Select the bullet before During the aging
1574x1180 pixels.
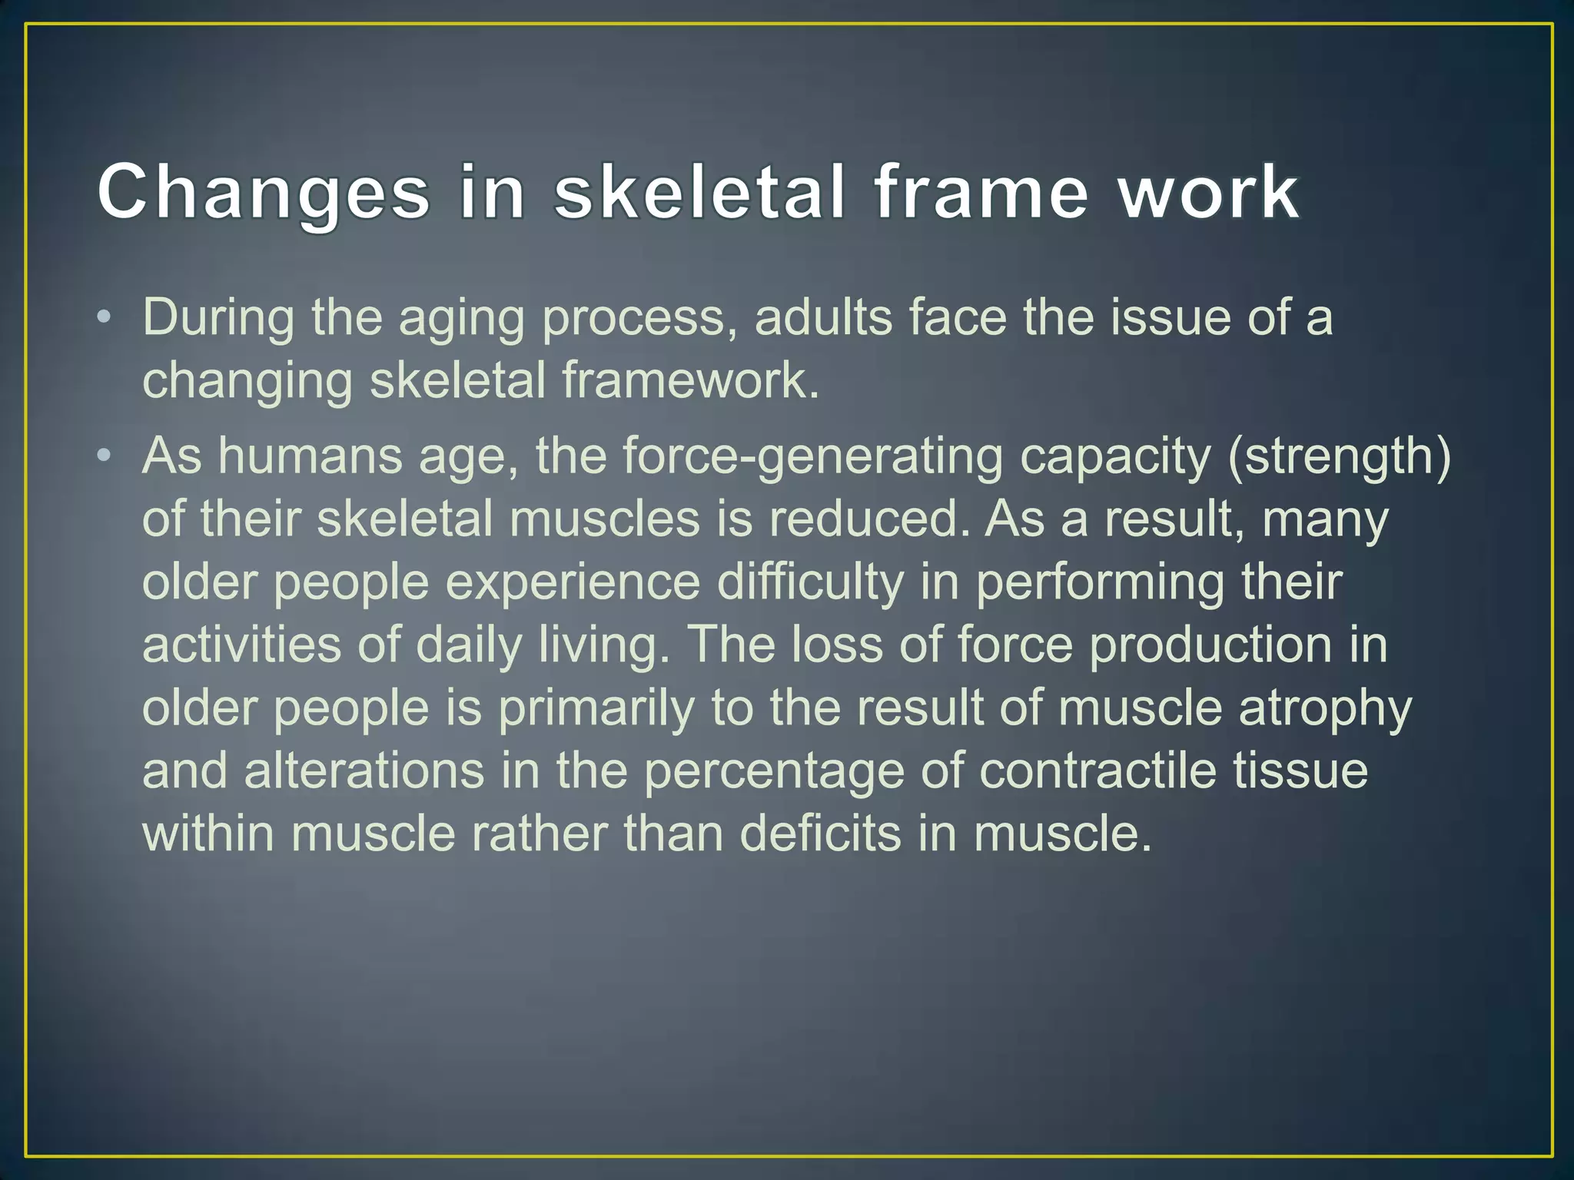tap(105, 318)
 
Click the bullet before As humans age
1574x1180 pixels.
tap(105, 457)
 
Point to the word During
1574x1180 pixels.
tap(218, 318)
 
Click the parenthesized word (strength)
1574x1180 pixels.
tap(1339, 457)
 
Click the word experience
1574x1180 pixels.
tap(573, 582)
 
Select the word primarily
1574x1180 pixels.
tap(596, 708)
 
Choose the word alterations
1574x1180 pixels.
tap(364, 771)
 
